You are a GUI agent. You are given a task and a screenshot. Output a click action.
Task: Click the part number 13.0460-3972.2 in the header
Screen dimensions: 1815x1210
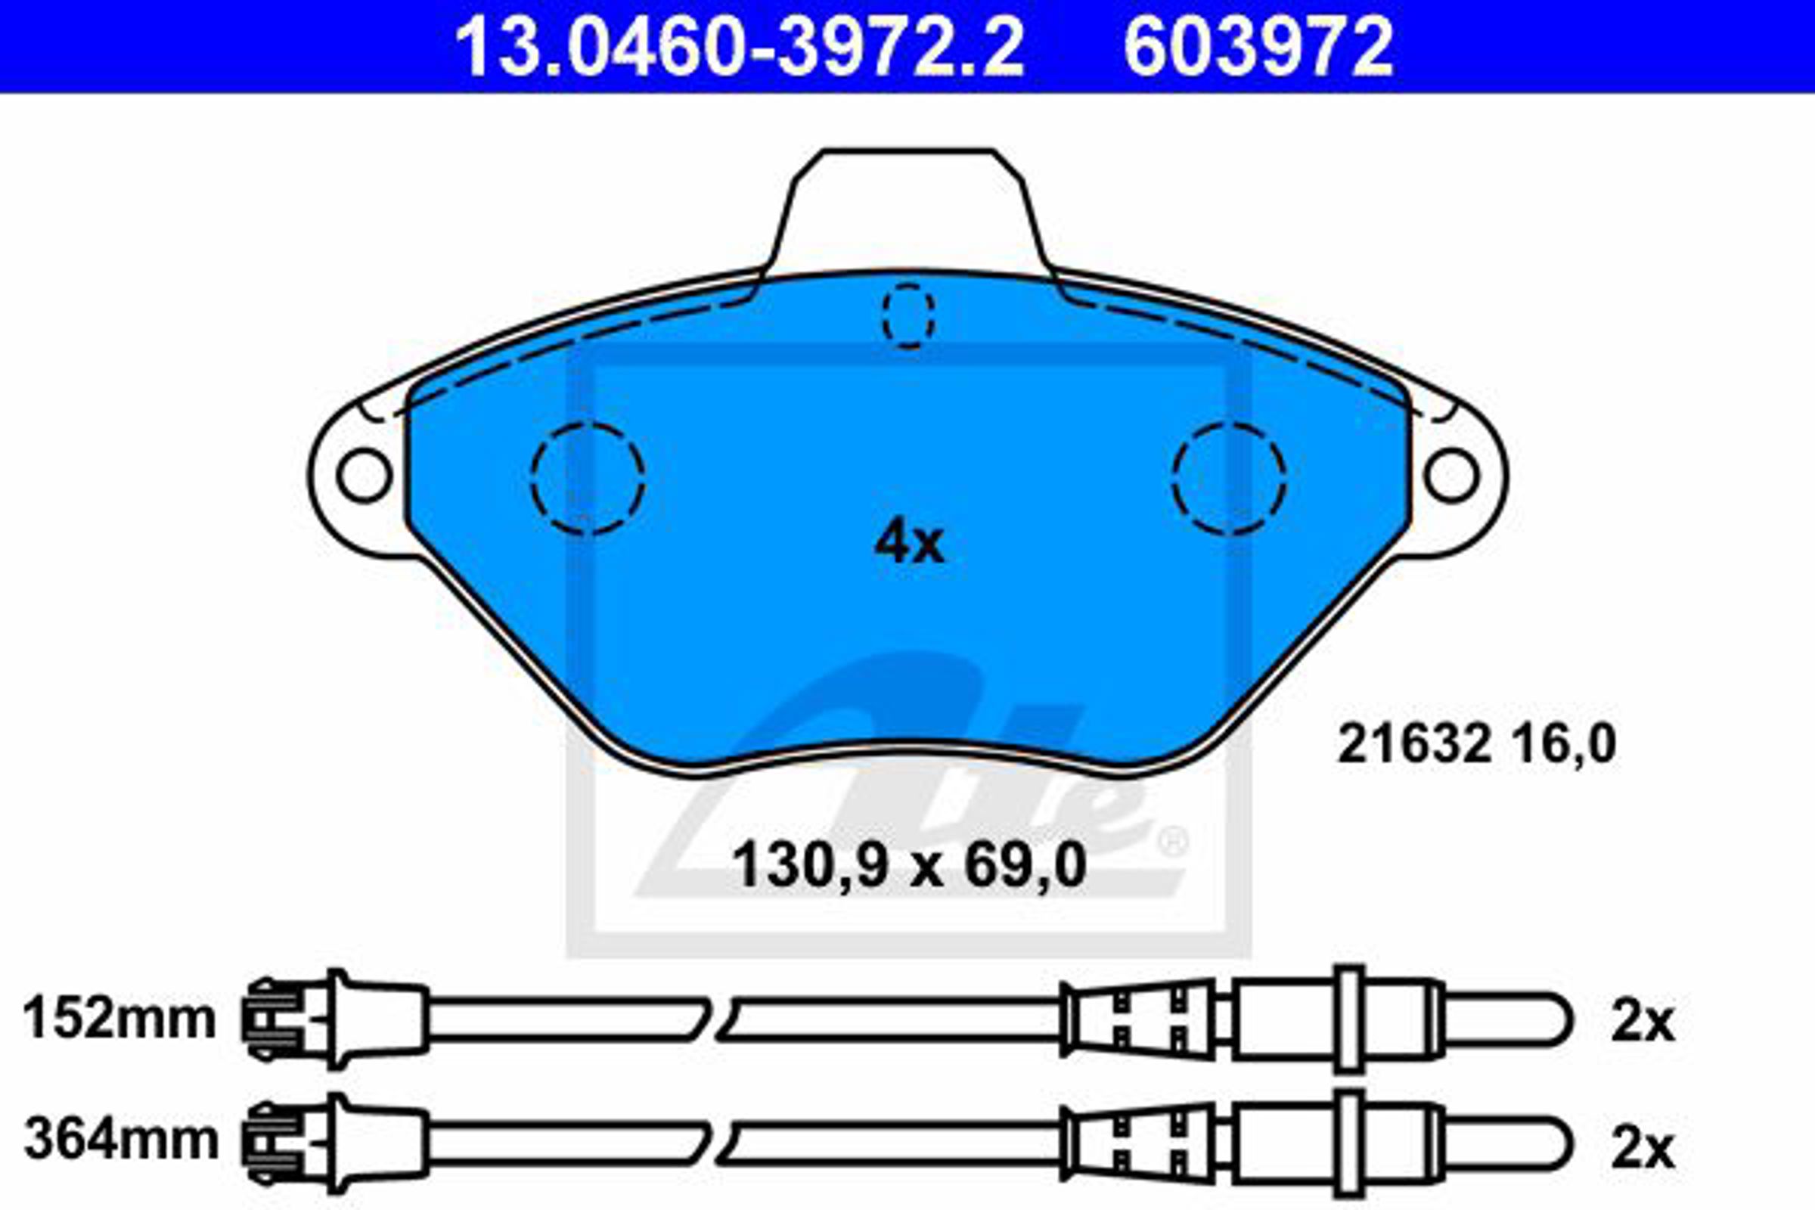(x=740, y=47)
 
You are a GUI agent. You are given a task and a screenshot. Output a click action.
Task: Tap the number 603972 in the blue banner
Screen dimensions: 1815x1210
(x=1258, y=47)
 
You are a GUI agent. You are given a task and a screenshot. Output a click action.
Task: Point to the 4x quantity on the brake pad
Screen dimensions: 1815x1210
(x=908, y=544)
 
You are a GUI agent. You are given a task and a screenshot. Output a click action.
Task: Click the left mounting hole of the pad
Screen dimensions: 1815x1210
(x=365, y=476)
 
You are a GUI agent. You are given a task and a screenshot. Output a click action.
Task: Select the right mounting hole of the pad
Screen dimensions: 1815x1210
(x=1451, y=476)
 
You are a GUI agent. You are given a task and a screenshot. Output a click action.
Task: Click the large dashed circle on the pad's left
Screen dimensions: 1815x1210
(x=588, y=479)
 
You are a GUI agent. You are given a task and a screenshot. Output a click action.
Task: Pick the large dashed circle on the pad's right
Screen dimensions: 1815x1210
(x=1230, y=479)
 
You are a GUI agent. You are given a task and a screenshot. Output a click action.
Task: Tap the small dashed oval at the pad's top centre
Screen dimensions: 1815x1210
(x=908, y=315)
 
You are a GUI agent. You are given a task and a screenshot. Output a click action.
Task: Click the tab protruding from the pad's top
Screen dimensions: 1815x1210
(x=907, y=213)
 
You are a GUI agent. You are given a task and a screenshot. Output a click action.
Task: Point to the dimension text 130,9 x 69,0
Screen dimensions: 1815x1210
(x=908, y=865)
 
